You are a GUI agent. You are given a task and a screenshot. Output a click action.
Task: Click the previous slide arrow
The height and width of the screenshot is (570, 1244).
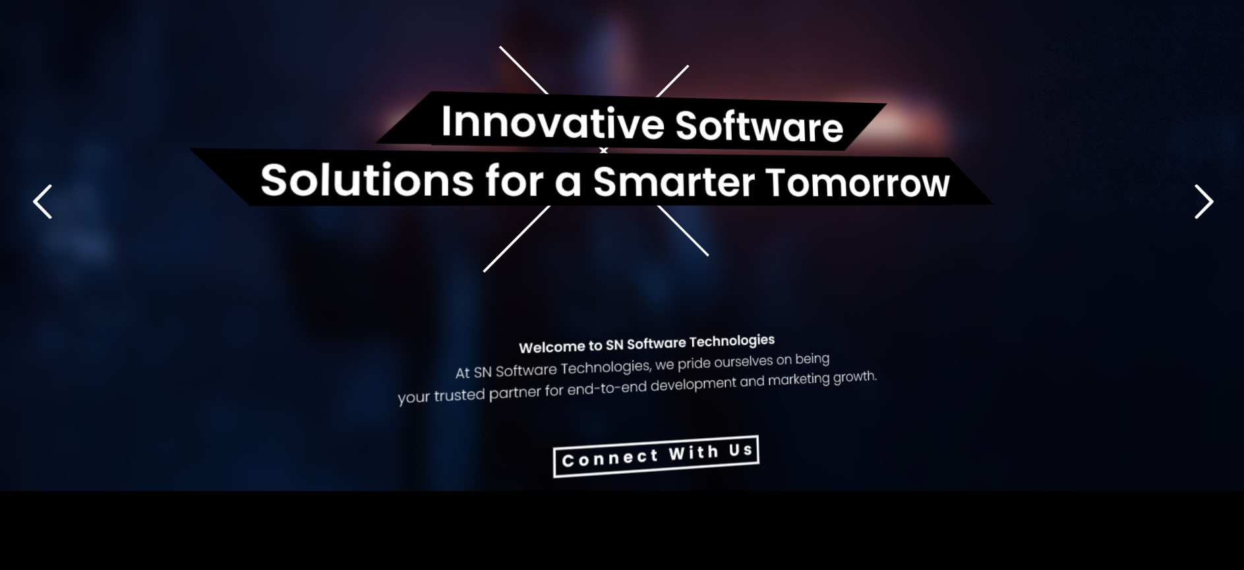coord(42,202)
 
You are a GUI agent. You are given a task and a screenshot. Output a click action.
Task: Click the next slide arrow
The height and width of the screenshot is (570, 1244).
coord(1204,202)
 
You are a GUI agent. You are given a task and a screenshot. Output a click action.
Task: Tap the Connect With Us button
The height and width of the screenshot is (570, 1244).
coord(656,456)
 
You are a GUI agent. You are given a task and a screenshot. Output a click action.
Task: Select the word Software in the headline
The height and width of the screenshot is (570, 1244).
coord(759,126)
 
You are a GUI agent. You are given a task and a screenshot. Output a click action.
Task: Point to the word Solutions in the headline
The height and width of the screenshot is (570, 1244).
coord(367,180)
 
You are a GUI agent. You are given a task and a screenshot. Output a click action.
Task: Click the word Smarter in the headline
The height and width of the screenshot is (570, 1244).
coord(673,181)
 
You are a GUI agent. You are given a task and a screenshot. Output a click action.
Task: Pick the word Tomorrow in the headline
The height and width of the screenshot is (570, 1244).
coord(858,183)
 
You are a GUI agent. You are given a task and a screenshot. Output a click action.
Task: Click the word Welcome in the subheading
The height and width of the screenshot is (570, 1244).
coord(552,347)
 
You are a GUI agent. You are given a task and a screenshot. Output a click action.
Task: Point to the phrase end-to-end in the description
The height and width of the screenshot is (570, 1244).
coord(607,389)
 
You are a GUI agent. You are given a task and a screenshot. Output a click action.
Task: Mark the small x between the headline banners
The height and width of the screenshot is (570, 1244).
coord(603,151)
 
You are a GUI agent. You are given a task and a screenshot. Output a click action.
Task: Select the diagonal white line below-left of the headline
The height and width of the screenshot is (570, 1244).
coord(517,239)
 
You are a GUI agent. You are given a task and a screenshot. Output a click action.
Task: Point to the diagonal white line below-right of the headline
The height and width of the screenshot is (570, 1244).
coord(682,231)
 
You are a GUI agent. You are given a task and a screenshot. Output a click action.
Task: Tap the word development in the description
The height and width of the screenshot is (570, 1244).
coord(693,384)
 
